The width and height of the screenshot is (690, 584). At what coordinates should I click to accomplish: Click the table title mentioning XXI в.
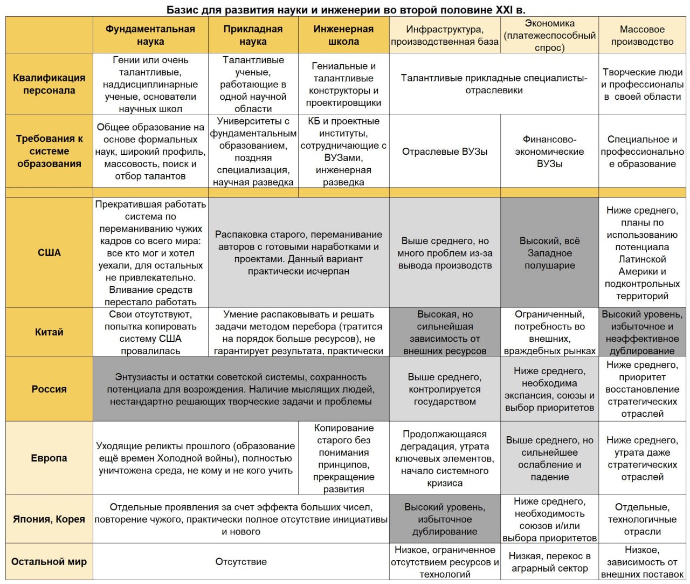pos(346,10)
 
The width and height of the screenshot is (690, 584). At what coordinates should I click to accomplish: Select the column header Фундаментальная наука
pos(150,35)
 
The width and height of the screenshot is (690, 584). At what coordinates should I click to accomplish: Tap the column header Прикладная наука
pos(253,35)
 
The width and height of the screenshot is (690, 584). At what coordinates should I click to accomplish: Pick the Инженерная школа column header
pos(343,35)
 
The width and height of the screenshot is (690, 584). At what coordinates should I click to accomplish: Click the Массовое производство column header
pos(642,35)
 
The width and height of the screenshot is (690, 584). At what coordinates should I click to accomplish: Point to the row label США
pos(49,252)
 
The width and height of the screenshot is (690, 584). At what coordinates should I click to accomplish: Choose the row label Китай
pos(49,332)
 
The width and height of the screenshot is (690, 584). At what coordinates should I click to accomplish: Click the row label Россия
pos(49,389)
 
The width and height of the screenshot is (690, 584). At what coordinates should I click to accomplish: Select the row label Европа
pos(49,458)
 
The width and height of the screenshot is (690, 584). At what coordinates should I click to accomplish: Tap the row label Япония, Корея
pos(49,519)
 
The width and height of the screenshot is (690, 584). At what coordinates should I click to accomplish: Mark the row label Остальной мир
pos(49,561)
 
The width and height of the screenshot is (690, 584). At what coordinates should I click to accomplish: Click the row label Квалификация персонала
pos(49,84)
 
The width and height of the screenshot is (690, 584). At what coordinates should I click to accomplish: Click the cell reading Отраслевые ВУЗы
pos(445,152)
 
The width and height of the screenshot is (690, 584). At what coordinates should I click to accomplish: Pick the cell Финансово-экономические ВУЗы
pos(549,152)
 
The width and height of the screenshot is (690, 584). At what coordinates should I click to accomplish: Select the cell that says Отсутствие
pos(241,561)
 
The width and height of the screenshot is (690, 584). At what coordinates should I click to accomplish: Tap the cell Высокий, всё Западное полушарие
pos(549,252)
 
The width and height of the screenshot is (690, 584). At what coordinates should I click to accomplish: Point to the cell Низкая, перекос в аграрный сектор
pos(549,561)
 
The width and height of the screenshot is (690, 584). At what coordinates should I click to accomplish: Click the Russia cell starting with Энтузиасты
pos(240,389)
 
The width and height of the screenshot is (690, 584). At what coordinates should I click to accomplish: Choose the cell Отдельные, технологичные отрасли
pos(642,519)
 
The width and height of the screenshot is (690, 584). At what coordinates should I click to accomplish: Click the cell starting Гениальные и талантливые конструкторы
pos(343,84)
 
